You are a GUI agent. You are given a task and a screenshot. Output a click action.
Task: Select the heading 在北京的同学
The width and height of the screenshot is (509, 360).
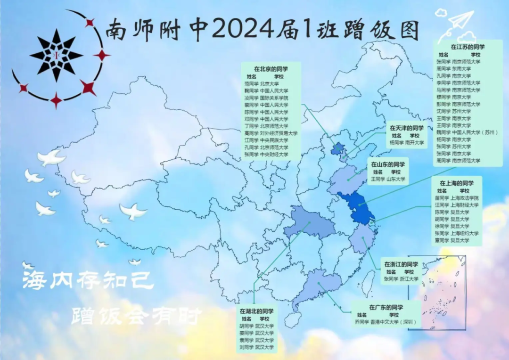tap(271, 69)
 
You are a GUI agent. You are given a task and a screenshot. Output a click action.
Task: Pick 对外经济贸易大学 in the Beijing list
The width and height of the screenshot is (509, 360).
tap(279, 133)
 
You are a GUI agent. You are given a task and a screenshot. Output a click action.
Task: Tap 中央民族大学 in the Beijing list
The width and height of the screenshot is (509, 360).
tap(274, 140)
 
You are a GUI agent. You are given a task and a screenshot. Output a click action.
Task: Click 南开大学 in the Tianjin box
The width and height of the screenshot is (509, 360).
tap(415, 143)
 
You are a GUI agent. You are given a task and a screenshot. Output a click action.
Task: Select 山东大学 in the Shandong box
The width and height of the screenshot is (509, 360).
tap(396, 180)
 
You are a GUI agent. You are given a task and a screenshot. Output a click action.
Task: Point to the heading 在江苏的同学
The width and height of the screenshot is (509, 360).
tap(468, 47)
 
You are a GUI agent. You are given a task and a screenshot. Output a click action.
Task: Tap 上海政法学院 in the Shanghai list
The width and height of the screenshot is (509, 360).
tap(464, 198)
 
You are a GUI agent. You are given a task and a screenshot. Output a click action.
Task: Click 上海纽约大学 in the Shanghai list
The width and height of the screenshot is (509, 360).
tap(464, 233)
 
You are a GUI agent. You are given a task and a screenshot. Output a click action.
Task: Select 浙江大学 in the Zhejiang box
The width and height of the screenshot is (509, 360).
tap(409, 279)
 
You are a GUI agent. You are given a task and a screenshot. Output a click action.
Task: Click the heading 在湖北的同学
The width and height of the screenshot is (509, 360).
tap(256, 311)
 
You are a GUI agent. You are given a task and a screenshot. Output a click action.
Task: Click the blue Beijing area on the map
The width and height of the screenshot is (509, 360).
tap(337, 150)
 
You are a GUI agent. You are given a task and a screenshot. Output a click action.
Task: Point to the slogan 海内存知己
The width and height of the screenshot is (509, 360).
tap(88, 281)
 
